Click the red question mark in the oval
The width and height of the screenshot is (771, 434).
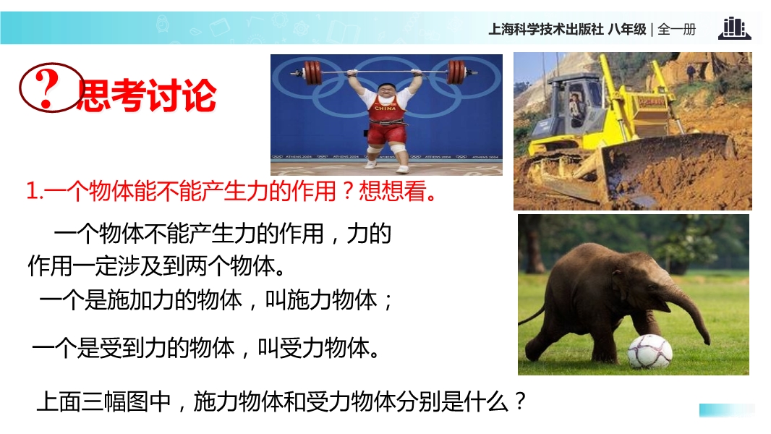click(x=47, y=88)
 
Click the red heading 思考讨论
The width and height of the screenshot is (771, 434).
click(x=146, y=95)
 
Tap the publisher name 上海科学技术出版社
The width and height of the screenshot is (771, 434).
click(x=546, y=30)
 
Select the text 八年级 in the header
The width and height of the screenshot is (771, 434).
click(x=627, y=30)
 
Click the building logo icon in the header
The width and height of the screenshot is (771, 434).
click(x=735, y=28)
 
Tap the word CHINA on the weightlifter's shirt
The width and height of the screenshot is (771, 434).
click(x=385, y=108)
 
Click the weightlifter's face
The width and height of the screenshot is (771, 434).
click(x=385, y=93)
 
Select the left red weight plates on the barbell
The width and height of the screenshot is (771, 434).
click(x=312, y=73)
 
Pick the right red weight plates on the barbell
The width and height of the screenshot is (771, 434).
click(x=456, y=72)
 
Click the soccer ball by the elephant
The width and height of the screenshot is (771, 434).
click(x=650, y=351)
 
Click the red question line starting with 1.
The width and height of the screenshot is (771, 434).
click(x=231, y=191)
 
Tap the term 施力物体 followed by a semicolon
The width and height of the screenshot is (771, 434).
click(x=332, y=299)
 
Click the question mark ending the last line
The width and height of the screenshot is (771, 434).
click(x=520, y=401)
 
